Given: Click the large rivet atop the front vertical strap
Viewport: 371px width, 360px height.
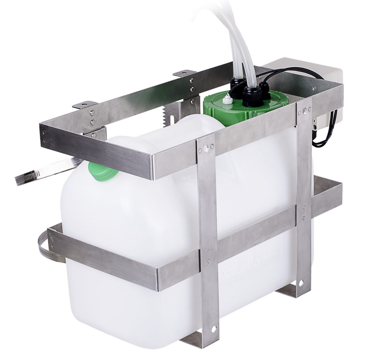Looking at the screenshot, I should [206, 147].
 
